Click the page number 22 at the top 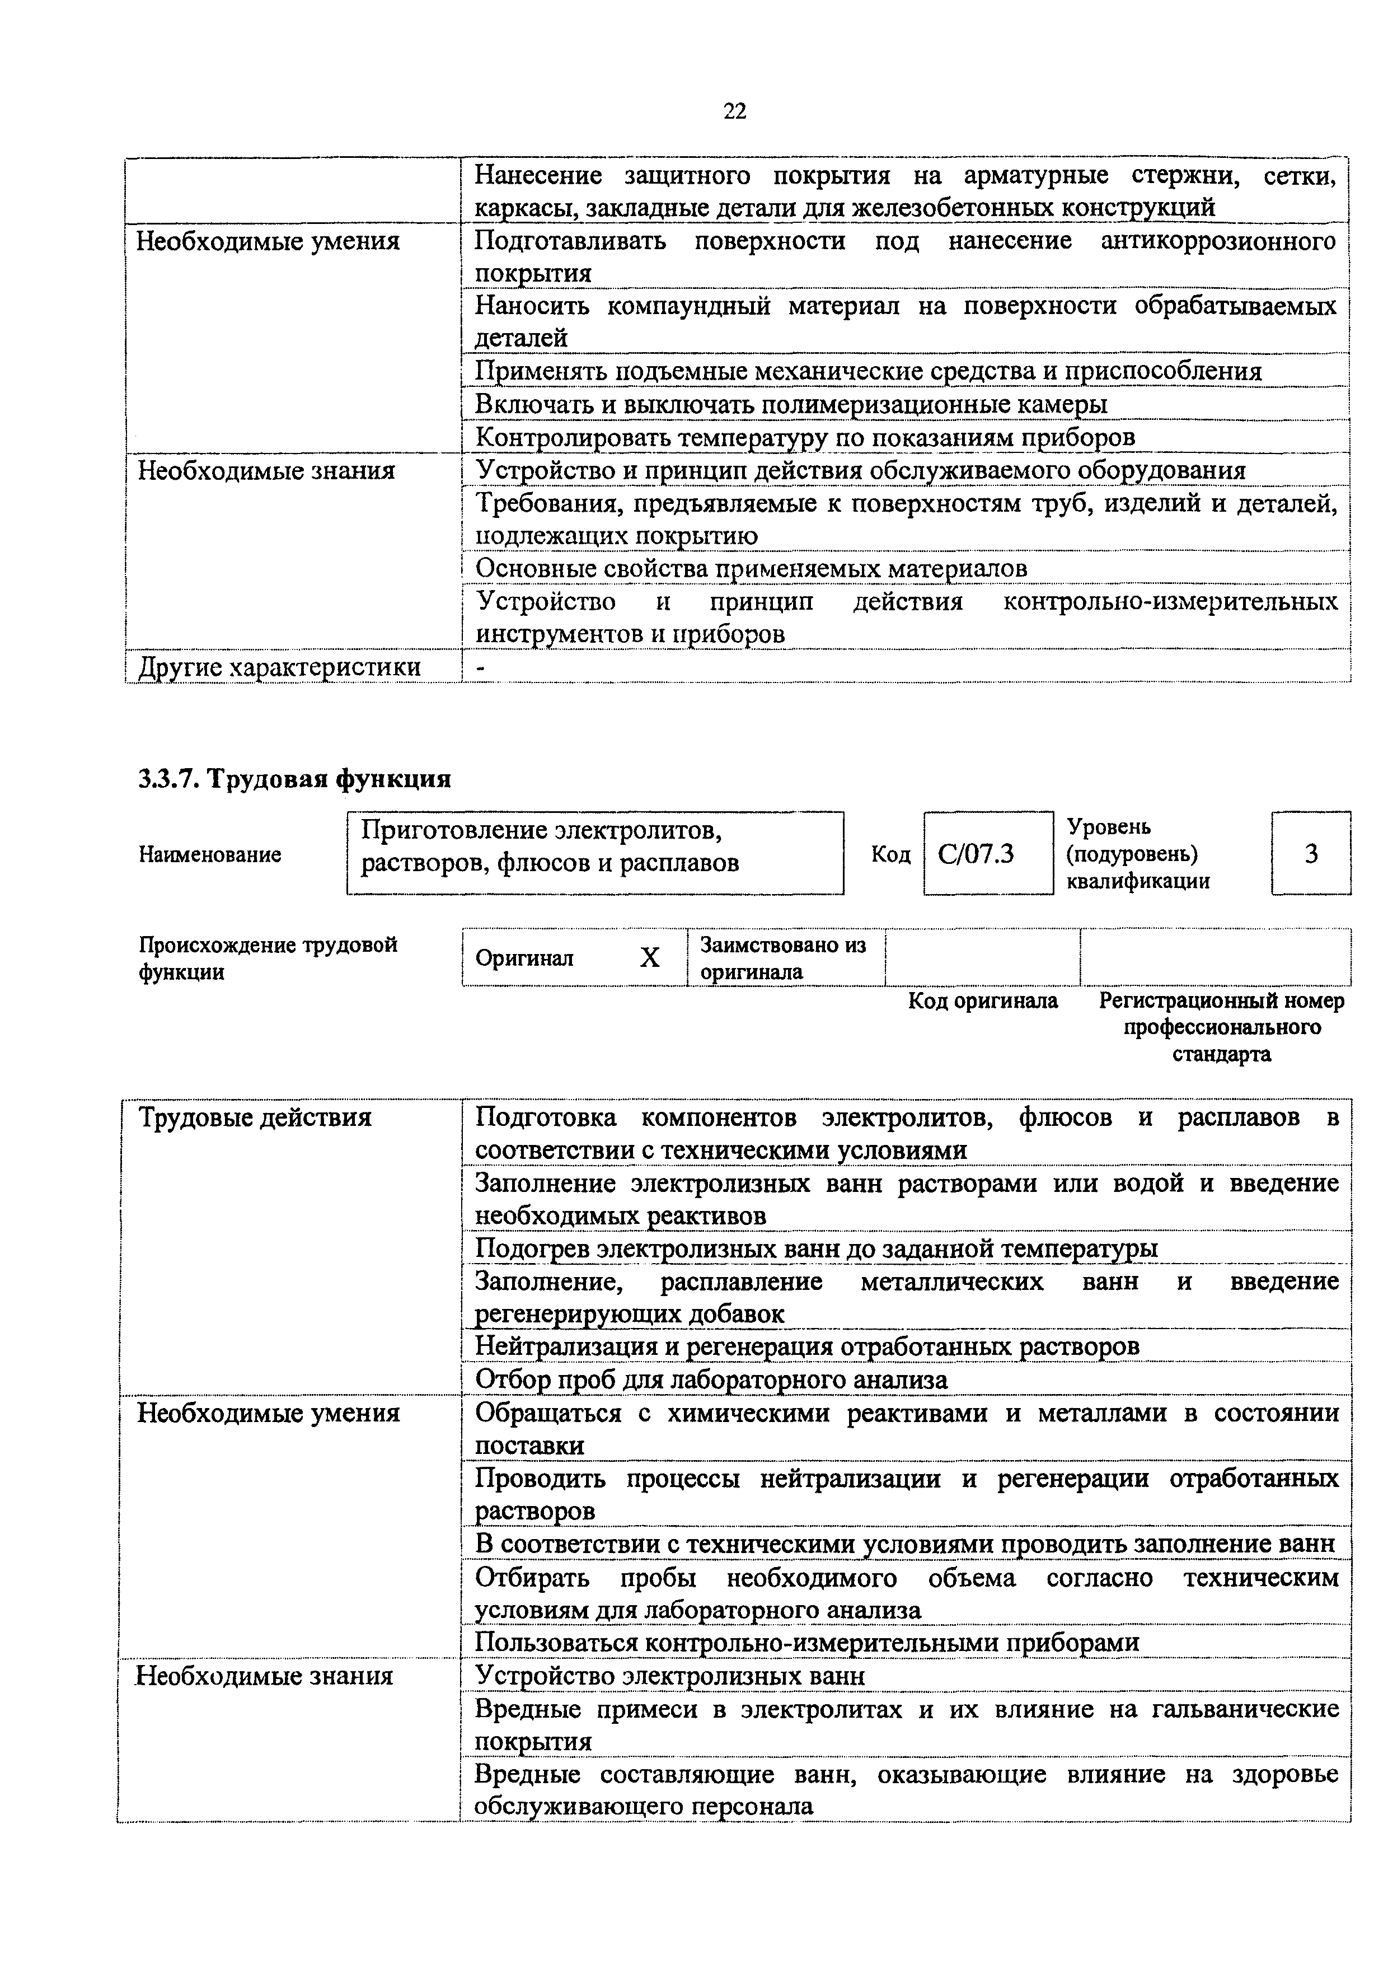(735, 111)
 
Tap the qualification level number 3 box (1311, 854)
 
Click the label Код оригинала (983, 1001)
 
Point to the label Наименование (209, 854)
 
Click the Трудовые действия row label (255, 1118)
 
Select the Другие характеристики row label (279, 667)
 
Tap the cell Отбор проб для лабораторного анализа (711, 1380)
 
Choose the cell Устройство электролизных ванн (669, 1676)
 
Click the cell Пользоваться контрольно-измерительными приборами (807, 1643)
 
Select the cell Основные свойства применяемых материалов (751, 569)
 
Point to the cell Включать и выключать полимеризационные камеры (791, 404)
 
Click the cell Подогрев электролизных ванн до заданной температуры (817, 1249)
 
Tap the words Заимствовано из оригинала (782, 958)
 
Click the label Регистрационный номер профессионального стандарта (1221, 1026)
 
